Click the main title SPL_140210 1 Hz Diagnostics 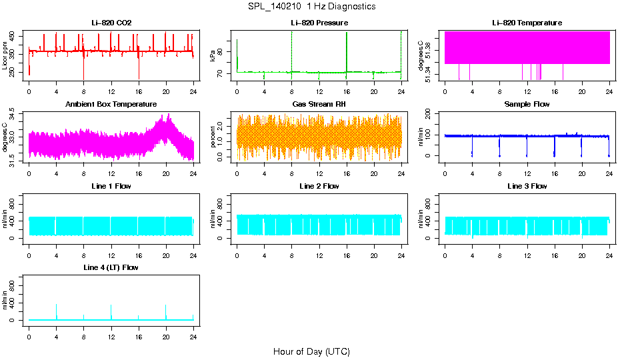311,6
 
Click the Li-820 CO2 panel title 111,23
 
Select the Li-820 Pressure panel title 319,23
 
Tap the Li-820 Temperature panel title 527,23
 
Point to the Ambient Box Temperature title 111,105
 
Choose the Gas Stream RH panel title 319,105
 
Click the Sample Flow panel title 527,105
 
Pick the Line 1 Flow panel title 111,186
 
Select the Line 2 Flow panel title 319,186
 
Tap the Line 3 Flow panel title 527,186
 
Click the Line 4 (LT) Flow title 111,267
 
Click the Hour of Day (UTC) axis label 311,351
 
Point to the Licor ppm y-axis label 5,55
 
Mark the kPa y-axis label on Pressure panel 213,55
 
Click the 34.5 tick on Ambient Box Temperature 14,116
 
